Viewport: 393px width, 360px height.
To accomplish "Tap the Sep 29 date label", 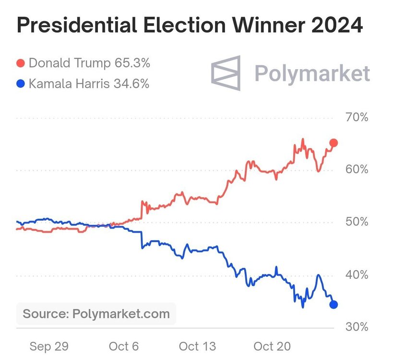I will coord(49,346).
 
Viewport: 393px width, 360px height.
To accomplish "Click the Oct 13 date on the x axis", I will coord(197,346).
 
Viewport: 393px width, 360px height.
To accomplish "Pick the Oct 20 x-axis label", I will coord(272,346).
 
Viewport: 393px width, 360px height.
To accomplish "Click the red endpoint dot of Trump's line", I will coord(333,143).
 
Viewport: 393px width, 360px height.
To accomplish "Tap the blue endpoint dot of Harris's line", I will coord(333,304).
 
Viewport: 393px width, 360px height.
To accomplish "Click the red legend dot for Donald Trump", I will coord(21,63).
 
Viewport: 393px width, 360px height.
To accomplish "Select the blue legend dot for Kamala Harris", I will coord(21,84).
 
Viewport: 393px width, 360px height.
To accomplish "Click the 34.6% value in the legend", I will coord(131,84).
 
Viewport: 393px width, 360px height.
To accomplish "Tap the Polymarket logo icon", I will coord(226,73).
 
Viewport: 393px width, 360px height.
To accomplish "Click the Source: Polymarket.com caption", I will coord(96,314).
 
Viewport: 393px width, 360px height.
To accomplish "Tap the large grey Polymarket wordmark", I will coord(312,74).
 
